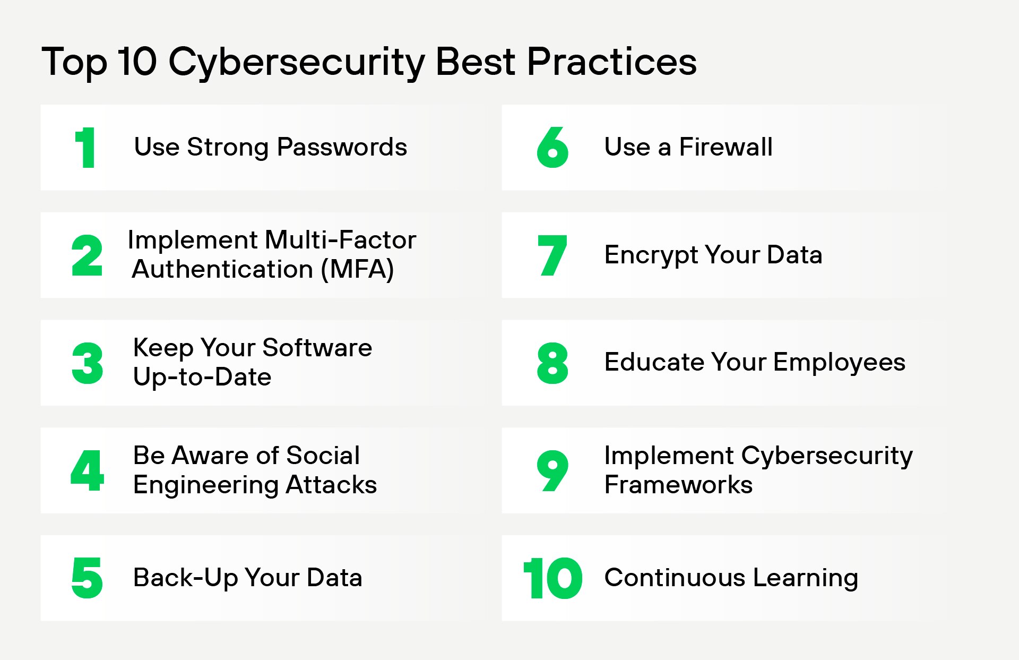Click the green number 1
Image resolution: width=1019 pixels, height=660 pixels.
[x=85, y=148]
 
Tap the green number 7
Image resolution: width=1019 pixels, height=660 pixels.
[x=552, y=255]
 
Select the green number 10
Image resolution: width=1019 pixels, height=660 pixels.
[x=552, y=578]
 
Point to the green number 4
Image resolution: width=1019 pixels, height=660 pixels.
[x=87, y=470]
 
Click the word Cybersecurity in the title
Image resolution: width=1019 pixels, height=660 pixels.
[x=296, y=63]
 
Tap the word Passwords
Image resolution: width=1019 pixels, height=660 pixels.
[x=342, y=147]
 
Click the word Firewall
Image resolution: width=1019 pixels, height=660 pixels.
[x=726, y=147]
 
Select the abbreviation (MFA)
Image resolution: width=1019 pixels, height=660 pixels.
[x=357, y=269]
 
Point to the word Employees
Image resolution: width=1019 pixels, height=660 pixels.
[x=839, y=363]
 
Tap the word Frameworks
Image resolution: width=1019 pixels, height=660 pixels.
[x=678, y=485]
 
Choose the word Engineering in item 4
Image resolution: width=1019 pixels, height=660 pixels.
[x=205, y=485]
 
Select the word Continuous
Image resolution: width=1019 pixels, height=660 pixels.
[x=675, y=578]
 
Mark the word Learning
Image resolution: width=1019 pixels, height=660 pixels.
[x=805, y=578]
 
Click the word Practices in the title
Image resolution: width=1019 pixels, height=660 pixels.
[x=611, y=62]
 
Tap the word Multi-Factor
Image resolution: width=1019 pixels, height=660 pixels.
[x=340, y=240]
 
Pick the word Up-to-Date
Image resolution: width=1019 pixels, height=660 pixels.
[x=202, y=377]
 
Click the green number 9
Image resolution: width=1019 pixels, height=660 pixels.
[x=552, y=470]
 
